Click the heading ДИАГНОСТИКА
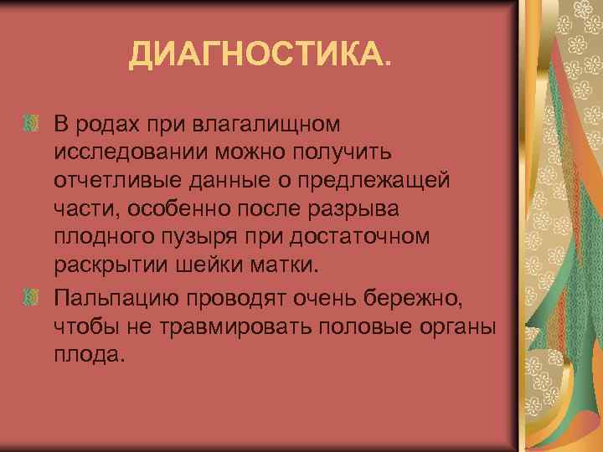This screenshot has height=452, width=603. click(259, 56)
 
